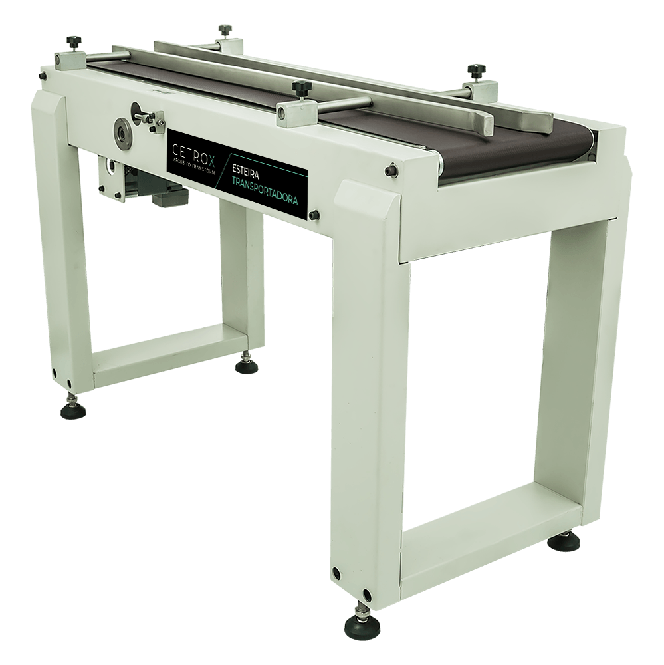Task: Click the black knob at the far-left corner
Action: [x=74, y=43]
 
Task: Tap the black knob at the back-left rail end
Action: [x=225, y=31]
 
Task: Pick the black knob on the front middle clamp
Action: [x=302, y=88]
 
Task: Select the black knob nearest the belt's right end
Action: [x=476, y=71]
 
